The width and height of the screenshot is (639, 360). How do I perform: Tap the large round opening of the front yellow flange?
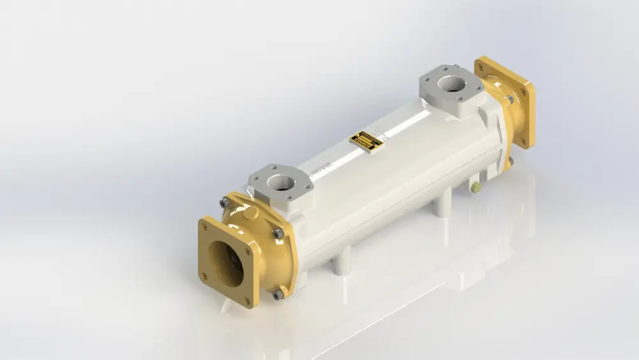pos(225,263)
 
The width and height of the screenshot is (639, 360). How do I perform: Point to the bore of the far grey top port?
pos(452,84)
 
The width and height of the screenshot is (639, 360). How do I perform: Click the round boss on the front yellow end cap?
pos(250,212)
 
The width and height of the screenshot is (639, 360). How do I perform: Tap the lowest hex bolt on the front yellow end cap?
pos(278,294)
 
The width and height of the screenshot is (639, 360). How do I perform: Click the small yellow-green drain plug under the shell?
pos(475,187)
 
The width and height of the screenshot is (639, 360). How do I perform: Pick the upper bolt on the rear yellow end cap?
pos(509,100)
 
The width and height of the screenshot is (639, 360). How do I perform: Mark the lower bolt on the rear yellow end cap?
pos(511,160)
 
